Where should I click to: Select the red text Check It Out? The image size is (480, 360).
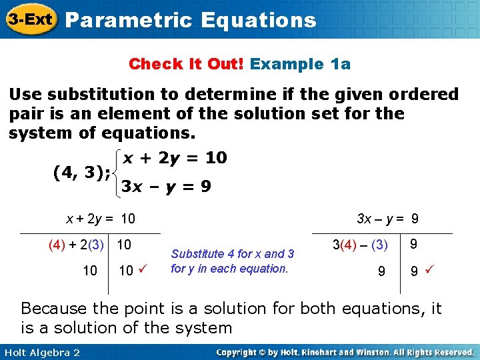pos(187,64)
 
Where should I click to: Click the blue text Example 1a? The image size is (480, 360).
pos(301,64)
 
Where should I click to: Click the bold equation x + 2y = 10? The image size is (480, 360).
pos(174,158)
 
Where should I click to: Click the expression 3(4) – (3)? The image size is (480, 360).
pos(361,245)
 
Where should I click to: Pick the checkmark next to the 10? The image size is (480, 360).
pos(141,269)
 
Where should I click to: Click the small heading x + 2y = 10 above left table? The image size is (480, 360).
pos(100,218)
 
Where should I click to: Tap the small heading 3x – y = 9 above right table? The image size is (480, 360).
pos(388,218)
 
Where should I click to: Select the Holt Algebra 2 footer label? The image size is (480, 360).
pos(41,352)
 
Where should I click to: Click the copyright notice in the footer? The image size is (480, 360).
pos(345,352)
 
